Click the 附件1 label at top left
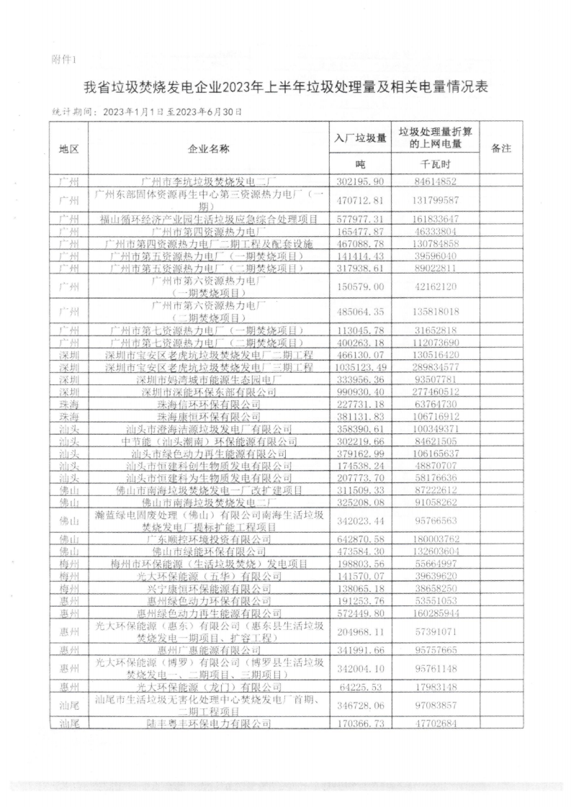(64, 58)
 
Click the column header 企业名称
(209, 148)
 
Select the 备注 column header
(500, 148)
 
